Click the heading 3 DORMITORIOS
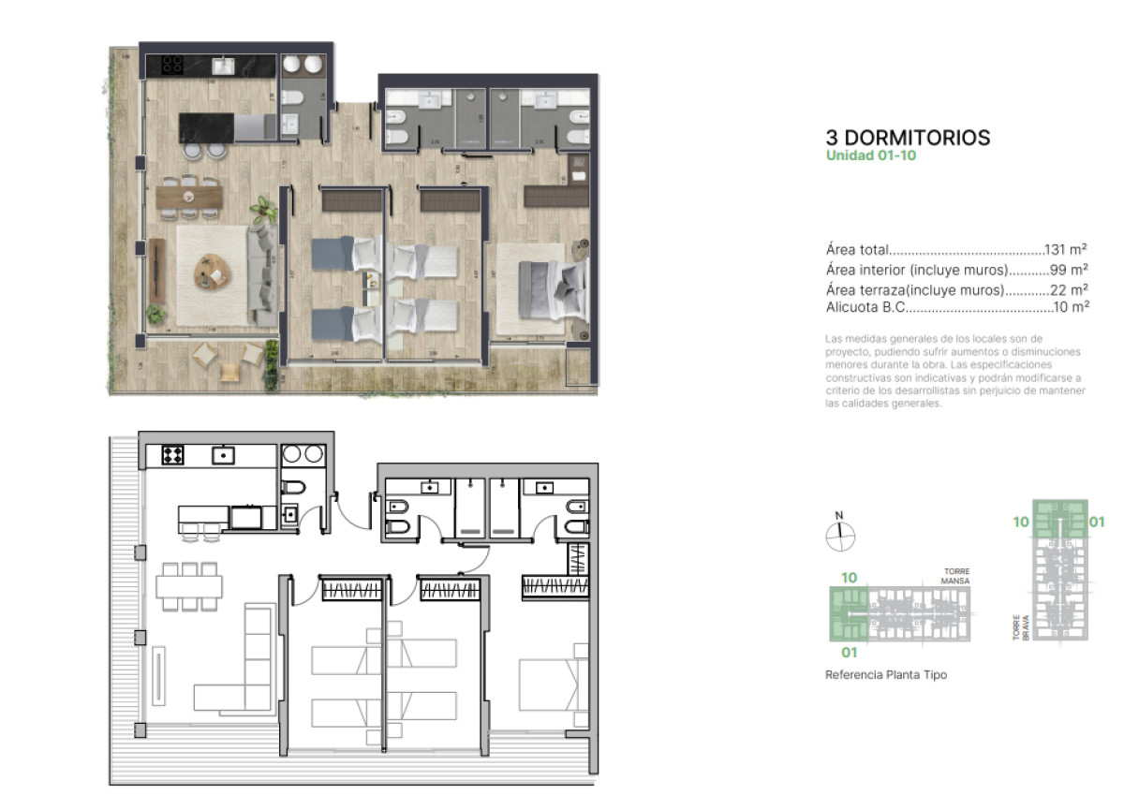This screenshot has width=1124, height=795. click(x=908, y=138)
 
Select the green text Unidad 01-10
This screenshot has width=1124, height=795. click(x=870, y=156)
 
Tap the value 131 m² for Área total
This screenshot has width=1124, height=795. click(x=1065, y=250)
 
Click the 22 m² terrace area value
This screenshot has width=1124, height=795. click(x=1069, y=289)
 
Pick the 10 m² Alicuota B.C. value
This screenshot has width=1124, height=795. click(x=1070, y=306)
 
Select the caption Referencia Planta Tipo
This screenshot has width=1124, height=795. click(x=885, y=674)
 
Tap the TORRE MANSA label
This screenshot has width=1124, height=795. click(x=955, y=576)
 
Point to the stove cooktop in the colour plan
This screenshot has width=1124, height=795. click(x=171, y=65)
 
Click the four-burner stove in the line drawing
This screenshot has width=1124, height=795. click(x=172, y=455)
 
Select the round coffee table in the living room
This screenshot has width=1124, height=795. click(x=213, y=272)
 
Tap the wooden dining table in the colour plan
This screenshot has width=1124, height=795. click(x=189, y=196)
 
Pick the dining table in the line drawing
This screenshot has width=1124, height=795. click(x=189, y=586)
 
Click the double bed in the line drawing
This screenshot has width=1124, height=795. click(x=553, y=683)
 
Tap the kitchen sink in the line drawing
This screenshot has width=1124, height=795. click(x=224, y=456)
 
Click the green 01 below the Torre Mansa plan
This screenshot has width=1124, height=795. click(x=849, y=652)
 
